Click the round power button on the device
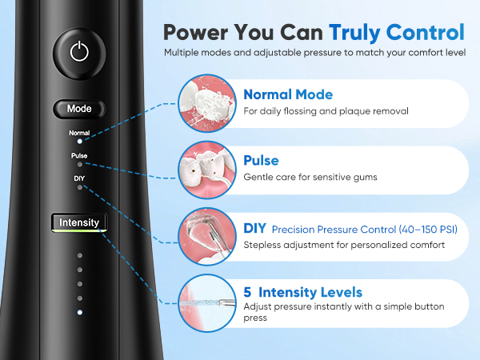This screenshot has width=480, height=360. tap(79, 53)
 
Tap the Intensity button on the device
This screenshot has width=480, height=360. tap(79, 222)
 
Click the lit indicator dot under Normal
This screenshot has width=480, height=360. tap(79, 142)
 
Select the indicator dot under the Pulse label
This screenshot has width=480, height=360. tap(79, 164)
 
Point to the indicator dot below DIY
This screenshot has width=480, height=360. tap(79, 187)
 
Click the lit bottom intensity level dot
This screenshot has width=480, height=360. tap(79, 313)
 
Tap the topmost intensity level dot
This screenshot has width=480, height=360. tap(79, 255)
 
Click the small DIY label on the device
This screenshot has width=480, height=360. tap(79, 178)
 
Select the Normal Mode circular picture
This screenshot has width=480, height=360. tap(207, 103)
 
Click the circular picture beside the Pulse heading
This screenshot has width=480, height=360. tap(207, 170)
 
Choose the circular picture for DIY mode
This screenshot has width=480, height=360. tap(207, 236)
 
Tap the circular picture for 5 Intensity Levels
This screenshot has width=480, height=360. tap(207, 303)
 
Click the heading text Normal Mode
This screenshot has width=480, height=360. tap(288, 94)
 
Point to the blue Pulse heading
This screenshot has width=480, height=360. tap(261, 161)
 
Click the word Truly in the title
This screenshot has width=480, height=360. tap(354, 33)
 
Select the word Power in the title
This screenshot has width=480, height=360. tap(196, 33)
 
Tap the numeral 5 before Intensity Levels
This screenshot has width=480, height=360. tap(247, 292)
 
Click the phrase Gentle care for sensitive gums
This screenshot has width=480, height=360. tap(310, 178)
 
